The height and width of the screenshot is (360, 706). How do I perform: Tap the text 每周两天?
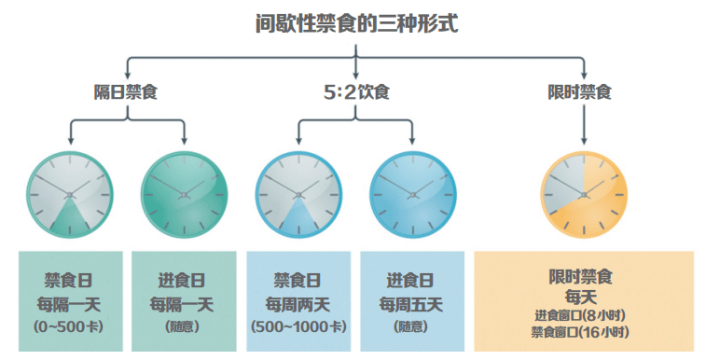click(298, 303)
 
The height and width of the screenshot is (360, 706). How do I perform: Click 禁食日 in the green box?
click(70, 280)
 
